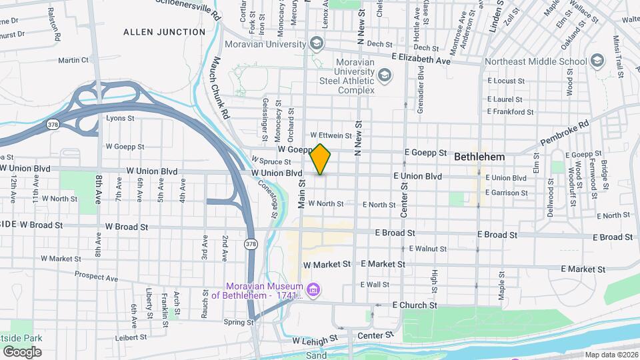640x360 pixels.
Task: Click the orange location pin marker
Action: [321, 159]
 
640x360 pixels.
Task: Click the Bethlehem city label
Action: [479, 157]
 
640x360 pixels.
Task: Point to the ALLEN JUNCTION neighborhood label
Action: [165, 32]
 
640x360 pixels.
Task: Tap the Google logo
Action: [22, 351]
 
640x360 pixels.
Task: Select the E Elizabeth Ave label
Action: [421, 61]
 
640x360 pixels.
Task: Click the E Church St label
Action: [415, 305]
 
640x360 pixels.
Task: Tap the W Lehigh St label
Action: [315, 341]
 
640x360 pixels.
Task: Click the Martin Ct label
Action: [73, 60]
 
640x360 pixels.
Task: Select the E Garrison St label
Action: [507, 193]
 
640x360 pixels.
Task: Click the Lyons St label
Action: [121, 118]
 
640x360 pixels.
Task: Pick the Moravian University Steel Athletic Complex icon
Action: [384, 75]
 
